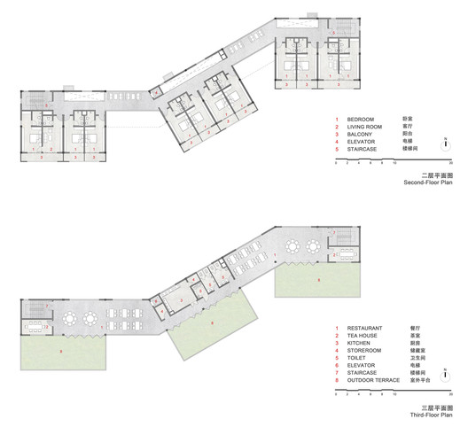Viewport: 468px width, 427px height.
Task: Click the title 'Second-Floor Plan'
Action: (x=429, y=182)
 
